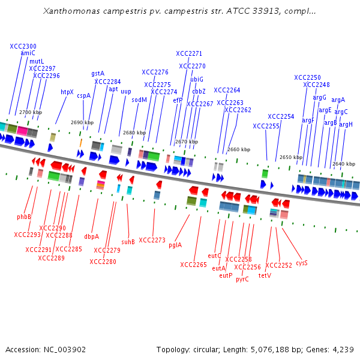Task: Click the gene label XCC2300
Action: [x=23, y=46]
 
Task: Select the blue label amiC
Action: [x=28, y=53]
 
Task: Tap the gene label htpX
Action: [x=67, y=92]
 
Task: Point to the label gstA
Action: [x=98, y=73]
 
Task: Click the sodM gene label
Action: [x=139, y=100]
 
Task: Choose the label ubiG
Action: [x=197, y=79]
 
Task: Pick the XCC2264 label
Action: [x=227, y=90]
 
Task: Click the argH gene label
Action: [x=346, y=124]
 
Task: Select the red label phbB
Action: [x=24, y=217]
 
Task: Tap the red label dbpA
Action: [x=92, y=236]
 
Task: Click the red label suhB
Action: [x=128, y=242]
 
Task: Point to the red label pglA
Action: [x=175, y=245]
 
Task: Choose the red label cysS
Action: [x=301, y=263]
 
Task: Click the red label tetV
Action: [x=265, y=276]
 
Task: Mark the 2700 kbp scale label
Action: [x=31, y=112]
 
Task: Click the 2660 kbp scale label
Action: [x=239, y=149]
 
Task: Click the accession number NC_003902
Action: [x=65, y=349]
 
